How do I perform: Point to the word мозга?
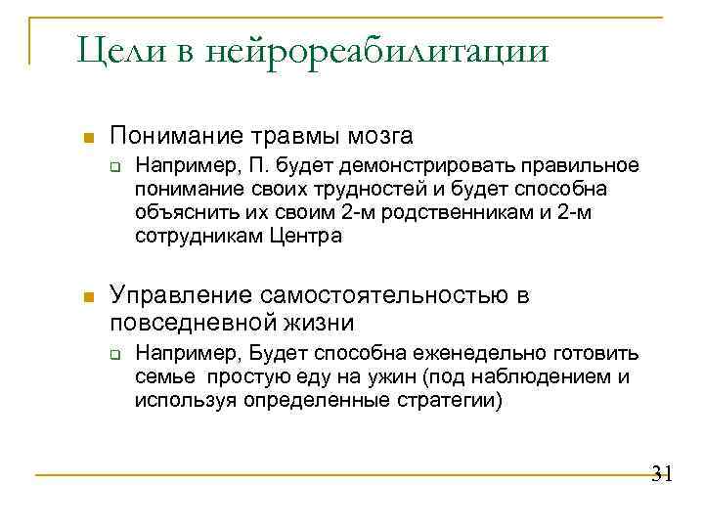[377, 135]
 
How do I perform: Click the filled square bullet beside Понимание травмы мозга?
[88, 135]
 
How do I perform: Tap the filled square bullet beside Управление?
[88, 296]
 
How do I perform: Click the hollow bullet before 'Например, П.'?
[114, 165]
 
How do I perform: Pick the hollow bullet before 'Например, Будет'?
[114, 354]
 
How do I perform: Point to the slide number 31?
[661, 475]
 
